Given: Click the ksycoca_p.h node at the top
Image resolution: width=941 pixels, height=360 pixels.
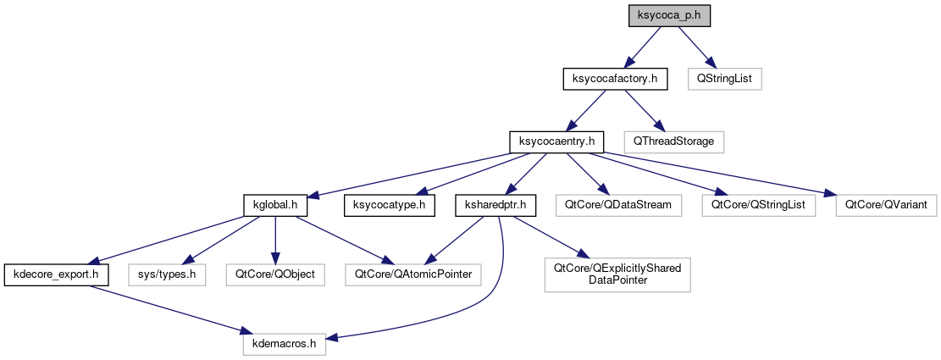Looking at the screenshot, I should [x=668, y=15].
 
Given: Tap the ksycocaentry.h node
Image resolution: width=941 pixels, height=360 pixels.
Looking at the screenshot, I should [x=556, y=141].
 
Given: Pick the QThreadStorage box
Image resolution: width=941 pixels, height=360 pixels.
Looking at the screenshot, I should [x=673, y=141].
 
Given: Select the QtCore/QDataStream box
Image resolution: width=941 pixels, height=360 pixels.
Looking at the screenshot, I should [x=617, y=204].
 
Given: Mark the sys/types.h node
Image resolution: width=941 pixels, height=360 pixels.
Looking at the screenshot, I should [x=168, y=274].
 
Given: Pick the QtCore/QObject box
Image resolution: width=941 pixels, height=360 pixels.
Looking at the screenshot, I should [x=274, y=274].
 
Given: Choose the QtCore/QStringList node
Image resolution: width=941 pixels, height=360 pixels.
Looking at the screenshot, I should [x=757, y=204].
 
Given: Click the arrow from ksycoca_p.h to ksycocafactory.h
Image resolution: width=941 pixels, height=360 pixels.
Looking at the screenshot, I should [x=645, y=45].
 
